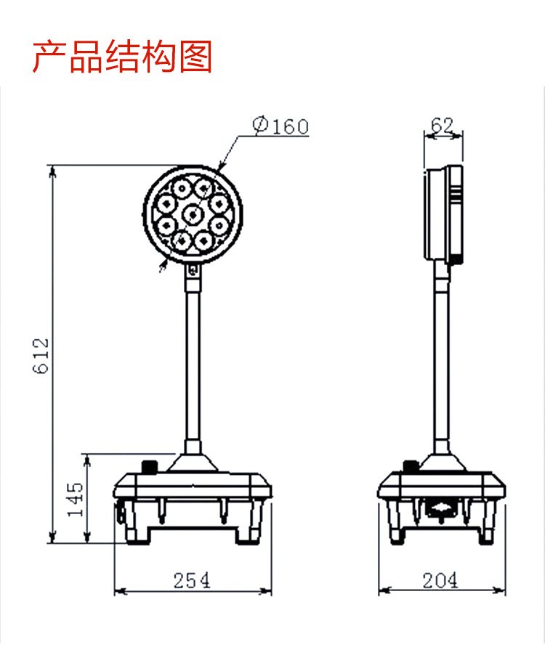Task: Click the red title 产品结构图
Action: click(122, 56)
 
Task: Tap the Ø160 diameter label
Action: click(281, 126)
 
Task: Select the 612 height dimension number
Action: click(41, 356)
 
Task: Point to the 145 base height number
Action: click(76, 499)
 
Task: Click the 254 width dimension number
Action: click(192, 580)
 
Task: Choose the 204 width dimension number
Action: click(440, 580)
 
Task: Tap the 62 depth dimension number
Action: click(443, 125)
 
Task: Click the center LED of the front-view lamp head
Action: click(193, 215)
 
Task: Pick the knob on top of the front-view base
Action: click(149, 468)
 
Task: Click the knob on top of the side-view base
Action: click(411, 466)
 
